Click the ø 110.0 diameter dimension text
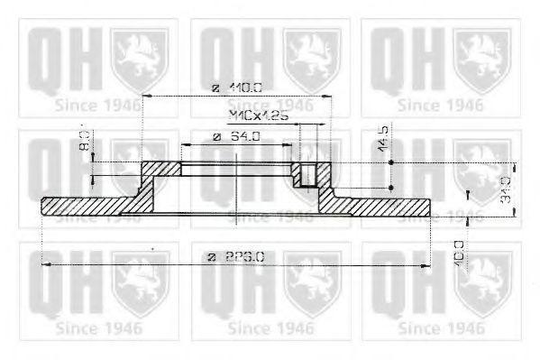pyautogui.click(x=236, y=88)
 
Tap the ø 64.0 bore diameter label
pyautogui.click(x=236, y=137)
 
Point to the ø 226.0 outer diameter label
pyautogui.click(x=236, y=256)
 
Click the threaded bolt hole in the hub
pyautogui.click(x=309, y=174)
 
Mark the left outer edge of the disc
pyautogui.click(x=43, y=206)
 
